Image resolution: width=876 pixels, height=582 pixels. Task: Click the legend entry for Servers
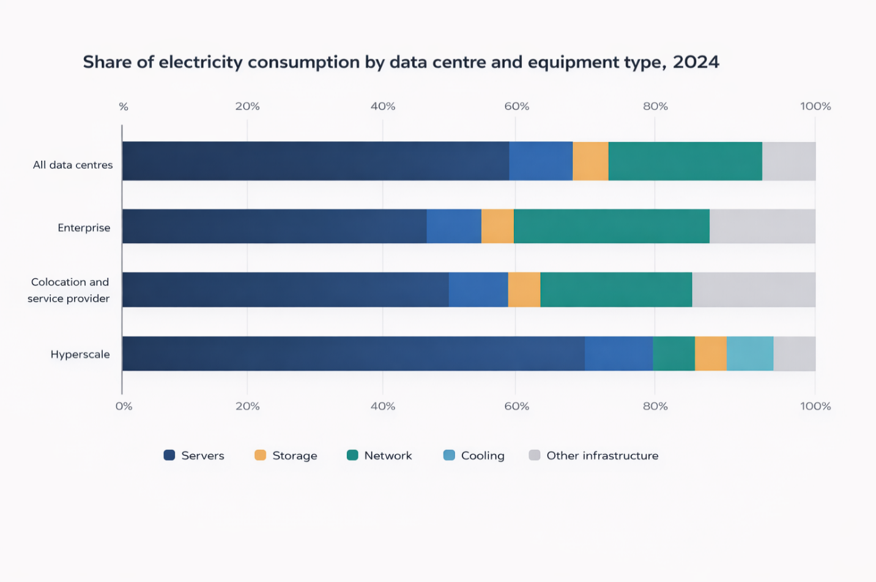194,455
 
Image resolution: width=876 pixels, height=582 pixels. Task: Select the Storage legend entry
286,455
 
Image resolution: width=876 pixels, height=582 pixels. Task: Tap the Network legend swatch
352,455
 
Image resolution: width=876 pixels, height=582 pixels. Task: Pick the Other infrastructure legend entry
593,455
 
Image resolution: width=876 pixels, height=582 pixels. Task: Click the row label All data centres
73,165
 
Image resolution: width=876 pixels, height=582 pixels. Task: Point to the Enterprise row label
84,228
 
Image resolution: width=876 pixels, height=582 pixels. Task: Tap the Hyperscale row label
80,354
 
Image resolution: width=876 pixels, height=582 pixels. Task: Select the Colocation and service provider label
69,290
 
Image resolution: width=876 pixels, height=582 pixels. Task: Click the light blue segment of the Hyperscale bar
750,354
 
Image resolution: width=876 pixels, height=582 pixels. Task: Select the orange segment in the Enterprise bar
497,226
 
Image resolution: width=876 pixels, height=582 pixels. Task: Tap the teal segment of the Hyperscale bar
674,354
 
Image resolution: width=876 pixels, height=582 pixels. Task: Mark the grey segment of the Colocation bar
754,289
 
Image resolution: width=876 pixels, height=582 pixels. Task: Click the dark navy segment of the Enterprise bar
274,226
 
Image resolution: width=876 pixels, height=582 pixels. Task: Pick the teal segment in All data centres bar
685,161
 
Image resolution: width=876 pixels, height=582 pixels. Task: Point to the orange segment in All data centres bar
590,161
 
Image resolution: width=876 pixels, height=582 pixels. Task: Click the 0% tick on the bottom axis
124,406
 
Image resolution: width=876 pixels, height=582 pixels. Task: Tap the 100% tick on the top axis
815,106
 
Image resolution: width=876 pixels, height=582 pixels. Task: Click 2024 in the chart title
696,62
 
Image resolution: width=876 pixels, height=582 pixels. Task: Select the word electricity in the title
201,62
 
